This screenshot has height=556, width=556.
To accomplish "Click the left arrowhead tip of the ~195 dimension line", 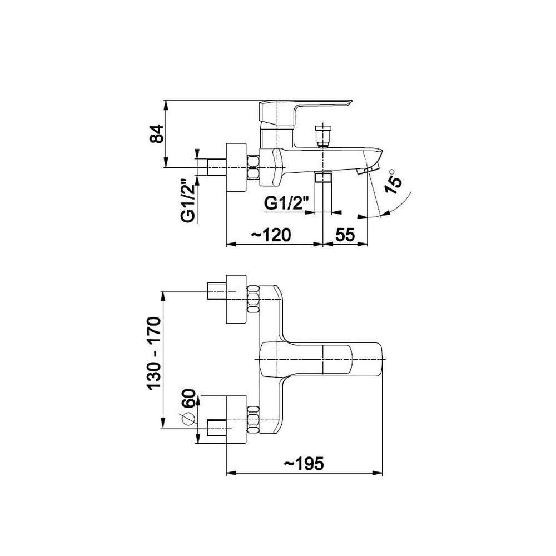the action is coord(226,473).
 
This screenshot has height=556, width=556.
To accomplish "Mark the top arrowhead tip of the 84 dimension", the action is coord(166,101).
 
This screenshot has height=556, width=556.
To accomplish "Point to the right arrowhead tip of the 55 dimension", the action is coord(368,244).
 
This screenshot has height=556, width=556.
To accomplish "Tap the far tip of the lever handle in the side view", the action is coord(352,101).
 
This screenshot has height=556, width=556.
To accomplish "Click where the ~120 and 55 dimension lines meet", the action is coord(322,244).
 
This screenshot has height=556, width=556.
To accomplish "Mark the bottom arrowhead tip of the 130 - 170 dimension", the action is coord(163,428).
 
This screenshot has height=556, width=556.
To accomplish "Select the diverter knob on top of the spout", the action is coord(322,136).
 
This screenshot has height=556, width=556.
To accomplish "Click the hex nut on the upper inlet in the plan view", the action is coord(253,299).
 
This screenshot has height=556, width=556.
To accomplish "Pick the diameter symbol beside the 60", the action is coord(189,419).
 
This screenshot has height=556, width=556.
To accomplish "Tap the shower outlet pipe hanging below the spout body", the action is coord(322,193).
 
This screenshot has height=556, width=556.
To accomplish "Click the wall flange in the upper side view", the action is coord(236,167).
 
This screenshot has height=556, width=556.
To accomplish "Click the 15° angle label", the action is coord(394,181).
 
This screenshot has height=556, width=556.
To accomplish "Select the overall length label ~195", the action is coord(304,464).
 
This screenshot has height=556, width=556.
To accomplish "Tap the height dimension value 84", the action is coord(156,133).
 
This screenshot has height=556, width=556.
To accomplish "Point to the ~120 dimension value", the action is coord(271,235).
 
